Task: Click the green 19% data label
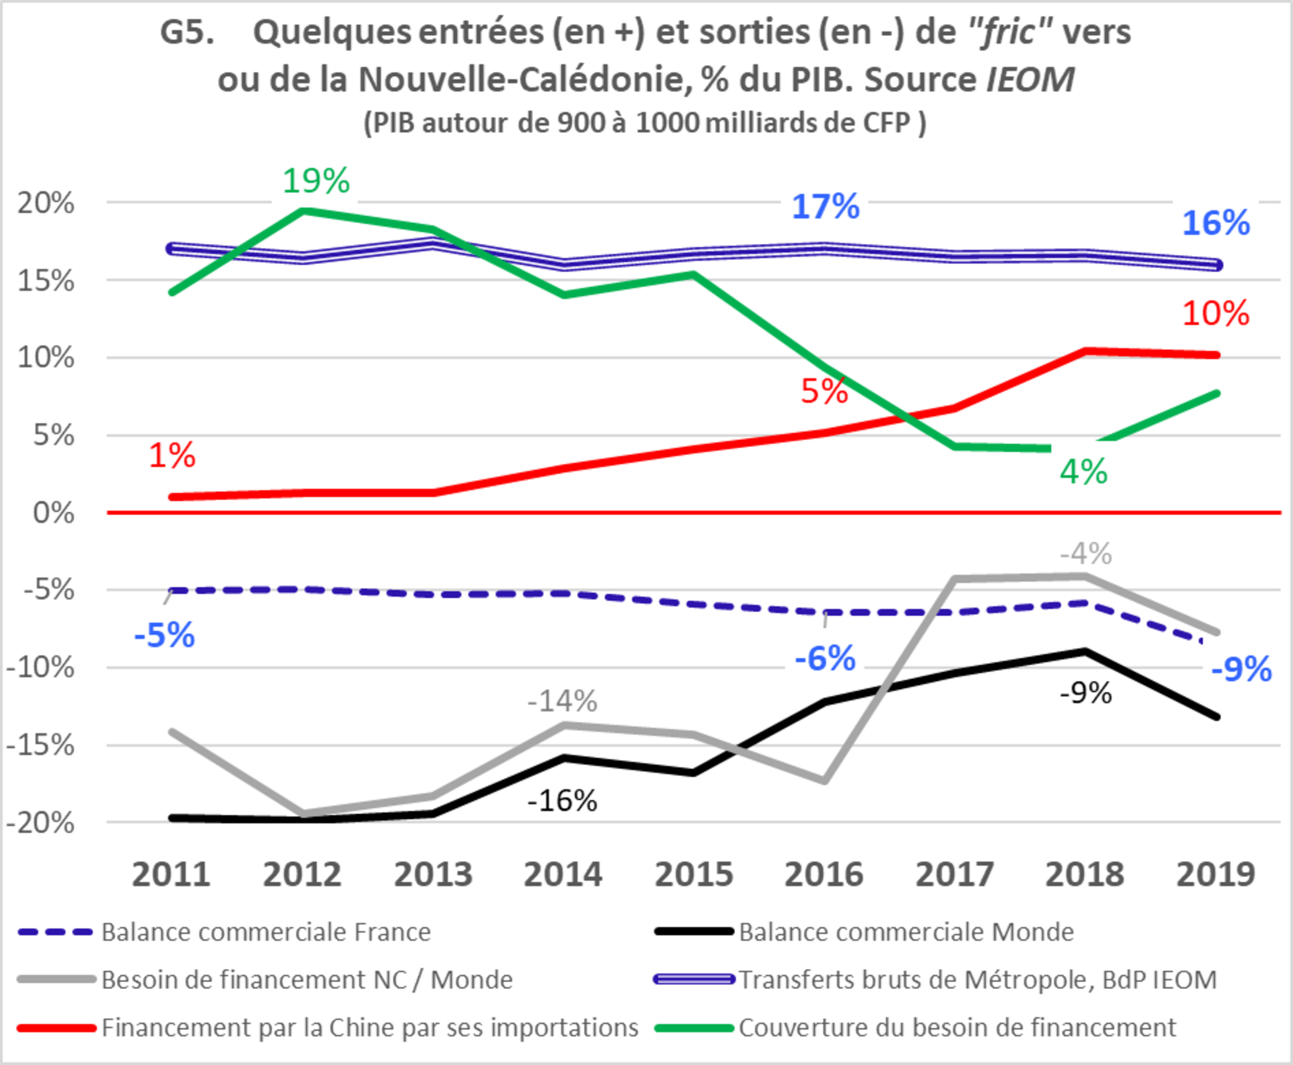[316, 181]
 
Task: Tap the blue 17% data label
[826, 207]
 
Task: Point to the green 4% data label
[1084, 472]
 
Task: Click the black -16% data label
[562, 801]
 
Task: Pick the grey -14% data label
[562, 701]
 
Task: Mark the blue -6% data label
[825, 659]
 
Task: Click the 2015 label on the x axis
[694, 874]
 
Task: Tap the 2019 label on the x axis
[1216, 874]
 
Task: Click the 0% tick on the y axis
[53, 513]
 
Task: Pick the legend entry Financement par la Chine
[369, 1027]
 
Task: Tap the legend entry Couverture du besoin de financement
[957, 1027]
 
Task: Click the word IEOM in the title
[1030, 79]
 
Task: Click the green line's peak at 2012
[303, 211]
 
